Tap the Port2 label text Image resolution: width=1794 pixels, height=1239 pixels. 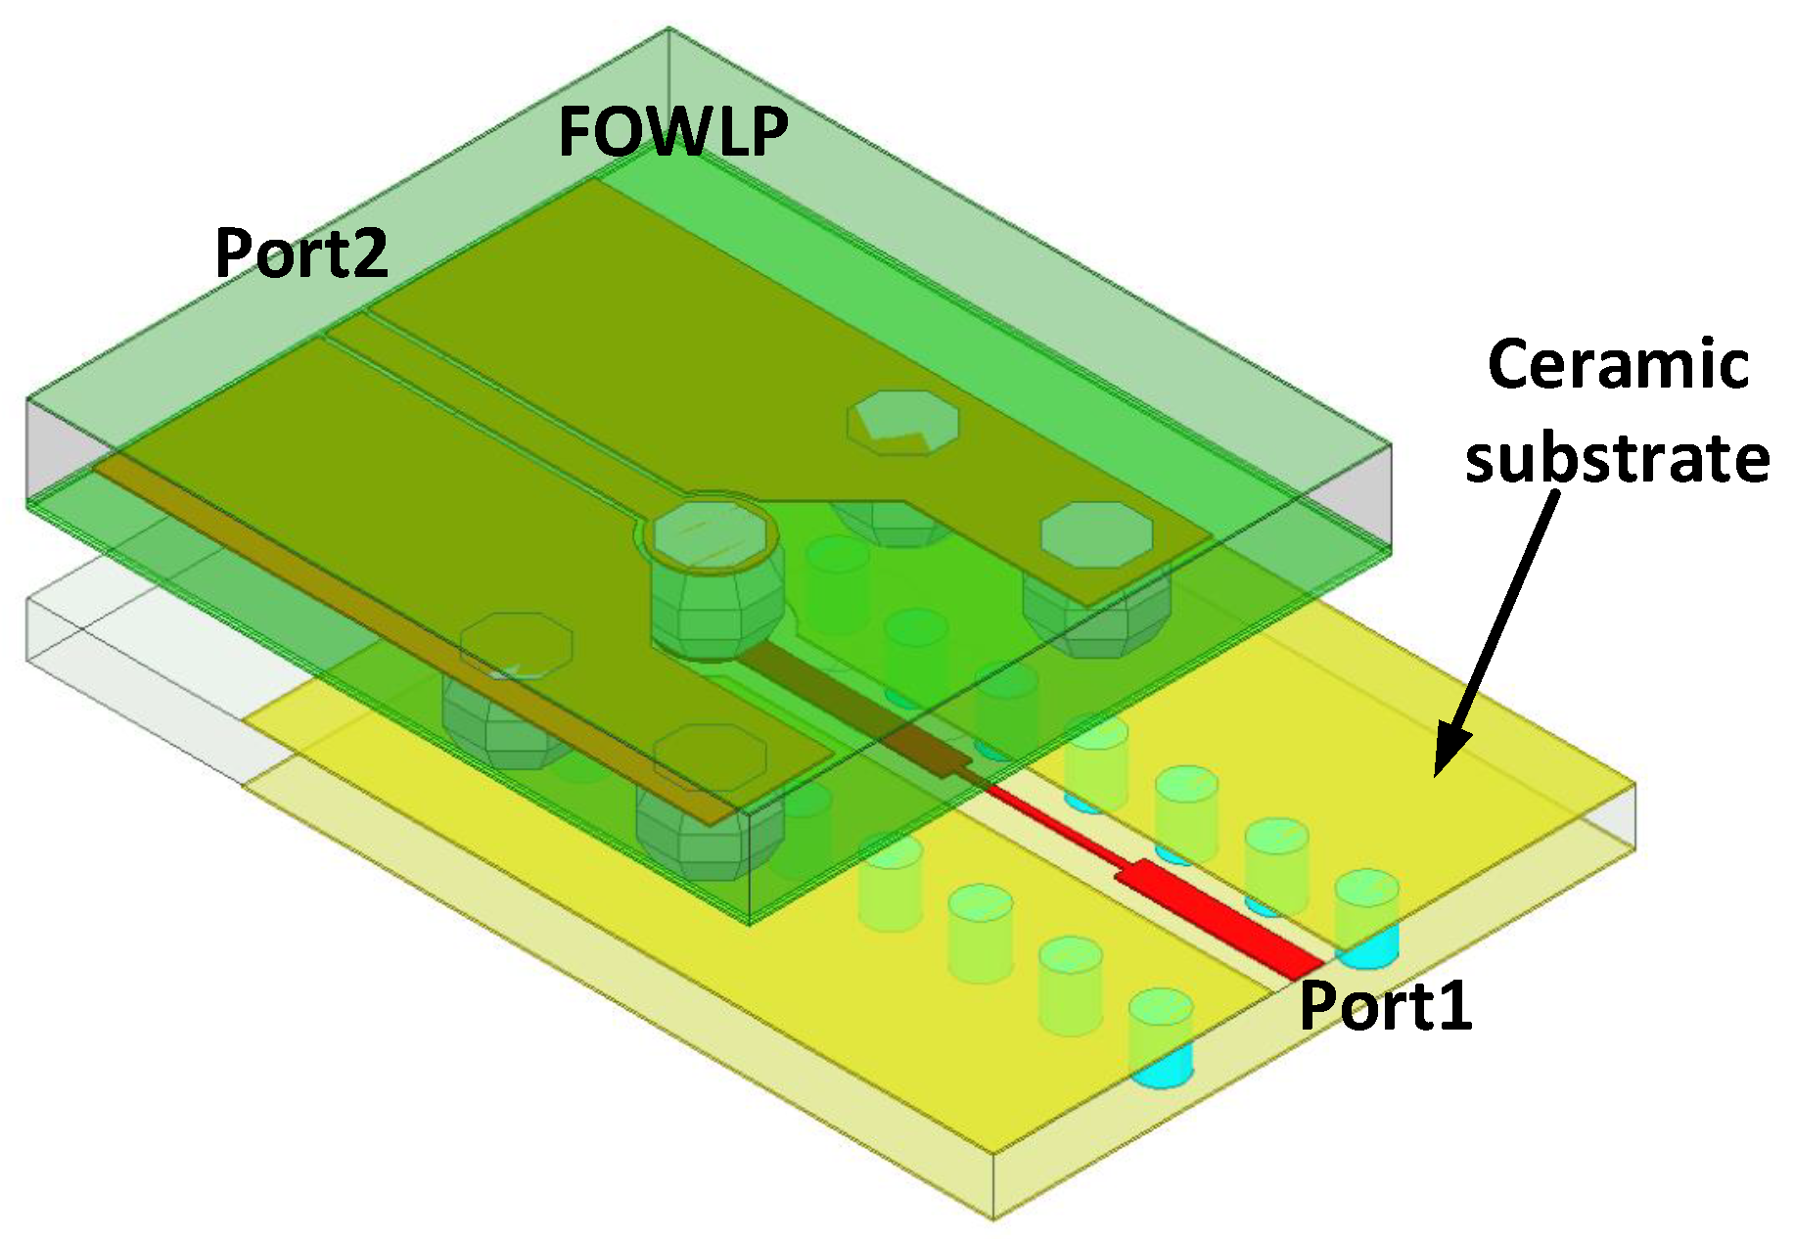(300, 253)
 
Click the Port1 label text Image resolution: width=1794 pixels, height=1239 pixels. (1385, 1005)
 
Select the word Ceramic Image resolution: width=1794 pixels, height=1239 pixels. (1618, 364)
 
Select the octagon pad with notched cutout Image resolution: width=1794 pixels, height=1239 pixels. (901, 422)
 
